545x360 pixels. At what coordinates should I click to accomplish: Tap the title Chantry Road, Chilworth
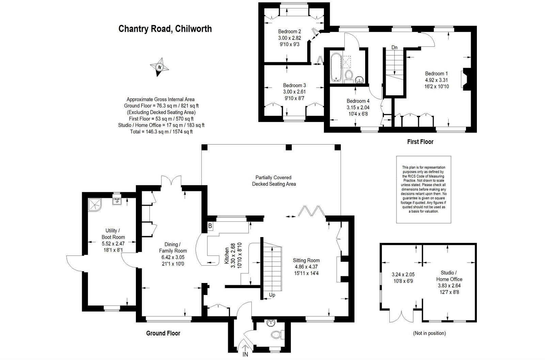(165, 29)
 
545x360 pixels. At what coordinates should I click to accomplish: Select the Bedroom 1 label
(436, 74)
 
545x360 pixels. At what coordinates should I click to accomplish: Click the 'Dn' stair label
(394, 47)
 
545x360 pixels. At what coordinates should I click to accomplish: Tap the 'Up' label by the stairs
(272, 295)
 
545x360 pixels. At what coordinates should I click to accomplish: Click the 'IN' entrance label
(245, 355)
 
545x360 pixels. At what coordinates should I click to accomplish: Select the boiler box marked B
(210, 226)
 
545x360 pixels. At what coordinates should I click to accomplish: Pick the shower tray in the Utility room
(95, 204)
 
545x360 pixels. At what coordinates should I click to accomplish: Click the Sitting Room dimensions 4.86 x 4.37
(306, 267)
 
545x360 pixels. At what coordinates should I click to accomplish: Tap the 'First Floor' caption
(420, 141)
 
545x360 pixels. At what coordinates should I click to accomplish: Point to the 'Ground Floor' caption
(163, 333)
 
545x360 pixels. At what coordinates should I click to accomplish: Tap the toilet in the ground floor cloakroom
(277, 334)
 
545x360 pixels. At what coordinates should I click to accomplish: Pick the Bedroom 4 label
(358, 101)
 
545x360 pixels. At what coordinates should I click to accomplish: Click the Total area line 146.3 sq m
(161, 131)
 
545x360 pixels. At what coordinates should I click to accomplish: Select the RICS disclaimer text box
(424, 189)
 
